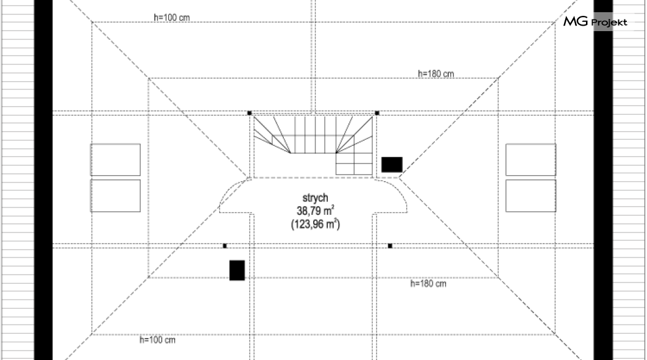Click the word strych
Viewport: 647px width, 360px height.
315,198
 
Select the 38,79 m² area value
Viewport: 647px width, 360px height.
315,211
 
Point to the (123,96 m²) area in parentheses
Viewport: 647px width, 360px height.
315,225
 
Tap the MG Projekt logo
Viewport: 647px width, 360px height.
595,21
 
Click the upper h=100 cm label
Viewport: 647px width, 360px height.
172,17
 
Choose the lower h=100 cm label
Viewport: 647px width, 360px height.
157,340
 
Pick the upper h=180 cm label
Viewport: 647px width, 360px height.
436,74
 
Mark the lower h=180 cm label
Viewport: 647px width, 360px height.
428,284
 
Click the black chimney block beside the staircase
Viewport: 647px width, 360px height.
392,165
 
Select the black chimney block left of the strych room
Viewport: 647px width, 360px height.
237,270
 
